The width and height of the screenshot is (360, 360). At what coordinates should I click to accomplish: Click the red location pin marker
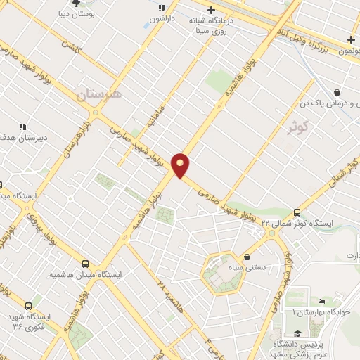[x=181, y=165]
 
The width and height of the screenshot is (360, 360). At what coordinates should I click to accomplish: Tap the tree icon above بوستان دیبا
[x=86, y=3]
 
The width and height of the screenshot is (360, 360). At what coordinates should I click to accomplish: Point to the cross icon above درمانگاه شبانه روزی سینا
[x=210, y=10]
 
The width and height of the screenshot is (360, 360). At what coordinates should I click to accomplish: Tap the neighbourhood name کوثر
[x=297, y=125]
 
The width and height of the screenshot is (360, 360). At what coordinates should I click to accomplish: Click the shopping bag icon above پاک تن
[x=337, y=92]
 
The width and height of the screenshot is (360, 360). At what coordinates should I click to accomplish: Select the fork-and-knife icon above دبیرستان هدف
[x=22, y=127]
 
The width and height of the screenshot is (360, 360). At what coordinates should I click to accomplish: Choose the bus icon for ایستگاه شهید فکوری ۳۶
[x=28, y=306]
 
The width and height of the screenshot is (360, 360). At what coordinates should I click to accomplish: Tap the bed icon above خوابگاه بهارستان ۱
[x=321, y=300]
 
